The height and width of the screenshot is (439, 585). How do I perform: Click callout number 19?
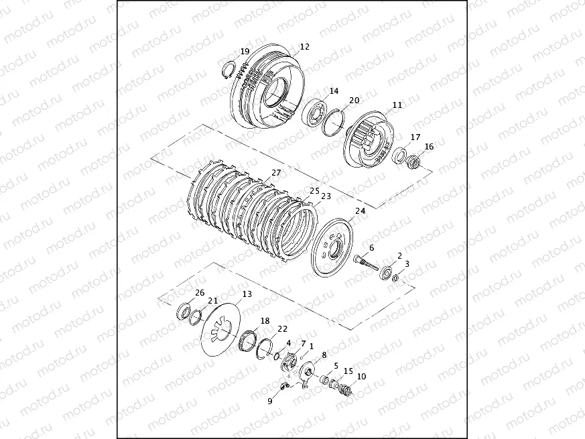tap(245, 52)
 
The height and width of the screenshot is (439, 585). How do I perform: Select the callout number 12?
tap(305, 47)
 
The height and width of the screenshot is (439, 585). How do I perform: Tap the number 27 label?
tap(276, 173)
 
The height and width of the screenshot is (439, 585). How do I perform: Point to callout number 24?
tap(360, 211)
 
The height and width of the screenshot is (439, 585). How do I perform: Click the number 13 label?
tap(247, 294)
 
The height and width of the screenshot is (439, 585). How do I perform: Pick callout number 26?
tap(200, 293)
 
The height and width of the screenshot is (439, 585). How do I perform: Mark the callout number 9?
tap(270, 401)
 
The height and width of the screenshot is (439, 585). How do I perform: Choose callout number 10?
tap(362, 376)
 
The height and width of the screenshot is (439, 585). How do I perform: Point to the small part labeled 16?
tap(413, 162)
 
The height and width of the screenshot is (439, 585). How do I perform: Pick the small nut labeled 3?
tap(397, 277)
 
